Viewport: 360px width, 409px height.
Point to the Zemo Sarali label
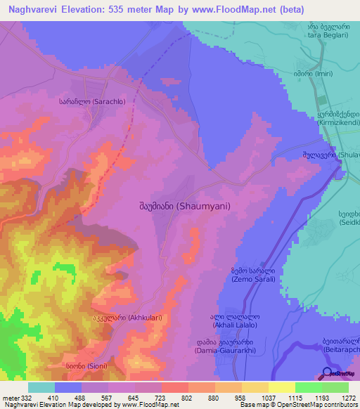tap(253, 275)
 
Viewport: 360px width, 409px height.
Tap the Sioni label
tap(93, 367)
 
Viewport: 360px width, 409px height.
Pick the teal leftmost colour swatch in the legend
tap(41, 387)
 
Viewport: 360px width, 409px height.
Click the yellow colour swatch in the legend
tap(281, 387)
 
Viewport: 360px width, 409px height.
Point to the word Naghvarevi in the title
tap(34, 10)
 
